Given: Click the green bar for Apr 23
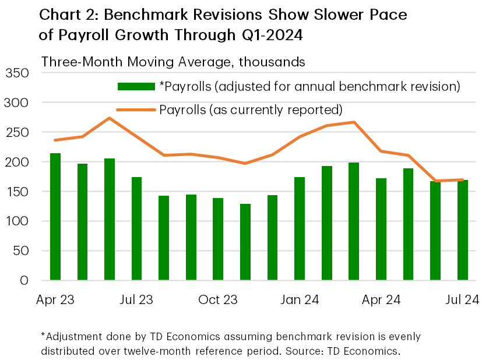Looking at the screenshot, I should (x=55, y=217).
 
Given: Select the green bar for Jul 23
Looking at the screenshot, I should (x=136, y=228).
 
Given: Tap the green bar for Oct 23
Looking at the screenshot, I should (x=218, y=239).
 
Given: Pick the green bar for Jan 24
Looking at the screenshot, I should (x=300, y=228).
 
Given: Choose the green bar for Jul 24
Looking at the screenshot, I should (x=462, y=230).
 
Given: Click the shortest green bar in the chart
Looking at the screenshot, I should (x=245, y=242).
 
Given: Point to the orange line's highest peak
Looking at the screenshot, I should (x=110, y=118).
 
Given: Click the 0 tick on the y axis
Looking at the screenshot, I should (x=24, y=280).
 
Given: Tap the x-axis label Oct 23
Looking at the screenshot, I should (x=218, y=299).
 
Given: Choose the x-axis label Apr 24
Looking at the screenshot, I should (x=381, y=299).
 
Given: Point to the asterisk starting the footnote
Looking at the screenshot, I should (x=43, y=336).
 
